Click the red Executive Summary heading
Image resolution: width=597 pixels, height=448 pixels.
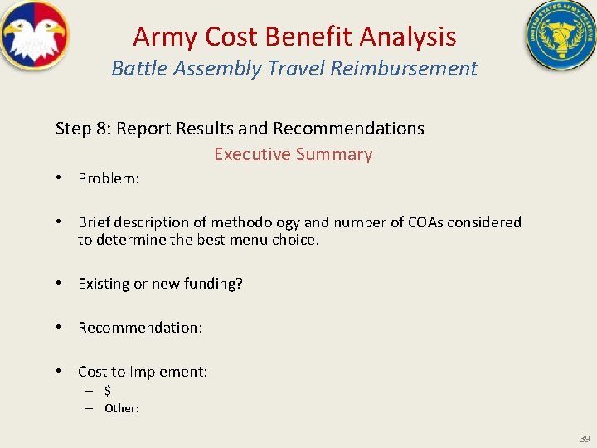click(294, 154)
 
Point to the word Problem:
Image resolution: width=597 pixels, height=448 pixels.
click(109, 178)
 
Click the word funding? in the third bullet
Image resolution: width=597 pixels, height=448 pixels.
click(216, 284)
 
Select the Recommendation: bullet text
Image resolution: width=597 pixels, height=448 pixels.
click(140, 328)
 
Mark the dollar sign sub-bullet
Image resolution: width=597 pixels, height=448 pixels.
click(108, 390)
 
